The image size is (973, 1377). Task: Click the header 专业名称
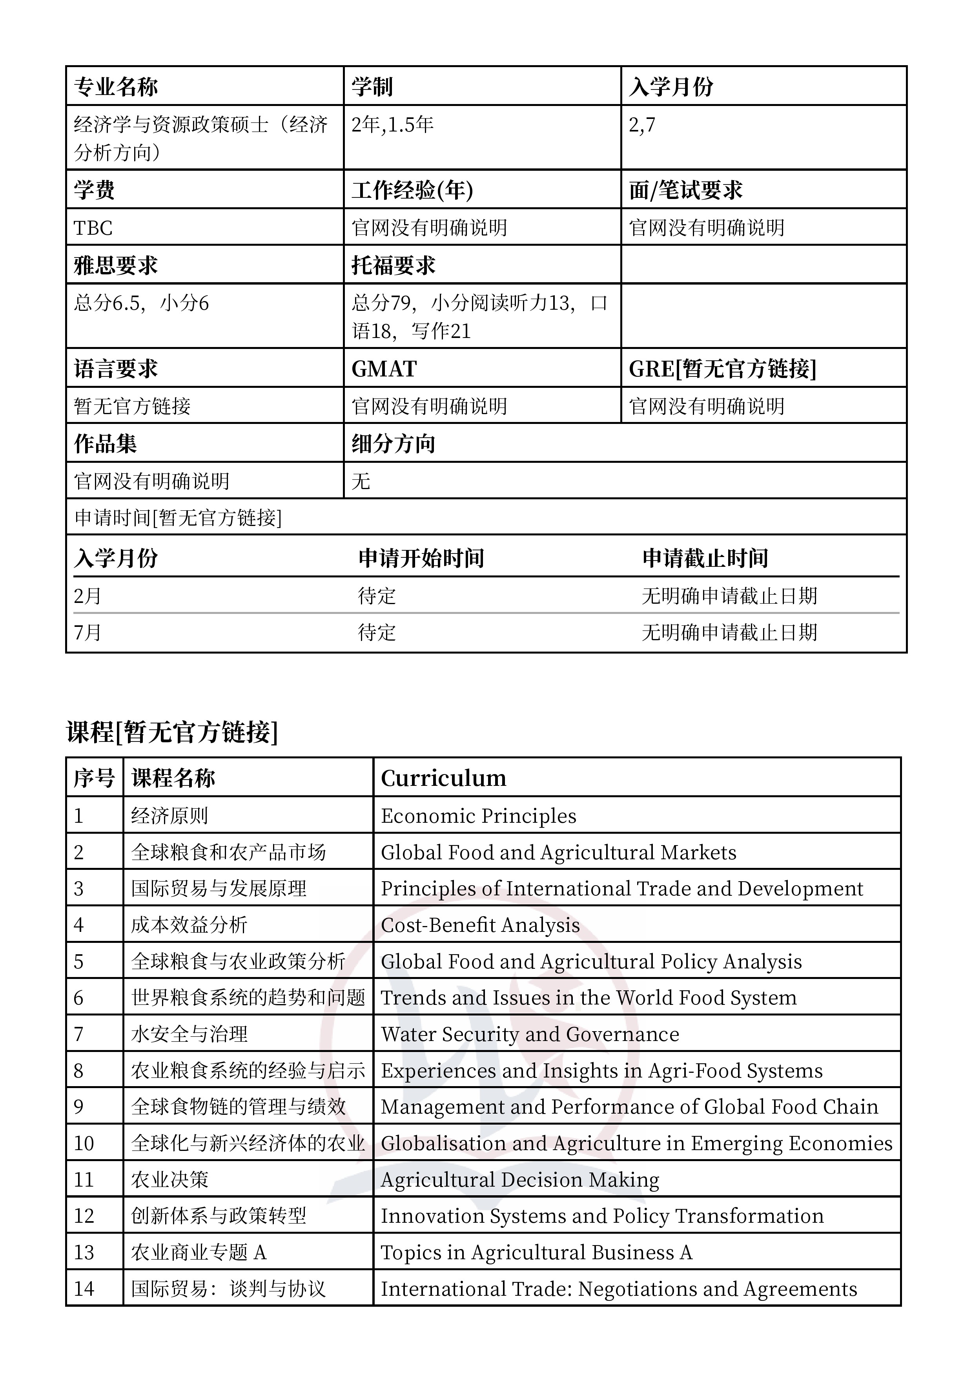pos(116,87)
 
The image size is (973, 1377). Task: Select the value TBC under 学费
pos(93,228)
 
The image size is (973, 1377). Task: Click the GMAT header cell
pos(384,369)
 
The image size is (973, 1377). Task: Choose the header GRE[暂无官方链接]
pos(722,369)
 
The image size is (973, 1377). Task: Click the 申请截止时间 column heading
pos(705,558)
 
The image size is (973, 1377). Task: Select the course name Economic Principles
pos(478,816)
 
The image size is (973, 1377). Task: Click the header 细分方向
pos(393,444)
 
